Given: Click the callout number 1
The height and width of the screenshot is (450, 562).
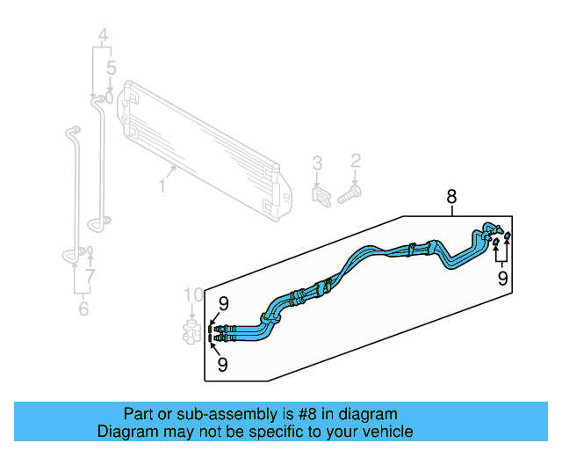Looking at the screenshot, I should pyautogui.click(x=162, y=185).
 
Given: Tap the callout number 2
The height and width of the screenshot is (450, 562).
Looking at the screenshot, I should pyautogui.click(x=356, y=160).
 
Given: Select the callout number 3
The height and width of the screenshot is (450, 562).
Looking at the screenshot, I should pyautogui.click(x=317, y=163).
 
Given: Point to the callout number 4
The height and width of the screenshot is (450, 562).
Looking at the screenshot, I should pyautogui.click(x=103, y=37).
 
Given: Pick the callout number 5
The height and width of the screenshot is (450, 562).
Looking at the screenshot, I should pyautogui.click(x=111, y=68).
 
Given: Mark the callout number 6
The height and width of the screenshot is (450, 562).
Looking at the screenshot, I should pyautogui.click(x=83, y=308).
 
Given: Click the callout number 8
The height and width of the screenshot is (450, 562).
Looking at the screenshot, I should pyautogui.click(x=451, y=195).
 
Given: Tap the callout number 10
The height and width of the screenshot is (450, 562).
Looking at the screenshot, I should pyautogui.click(x=192, y=294).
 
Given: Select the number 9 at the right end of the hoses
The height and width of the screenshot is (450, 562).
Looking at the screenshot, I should pyautogui.click(x=502, y=279).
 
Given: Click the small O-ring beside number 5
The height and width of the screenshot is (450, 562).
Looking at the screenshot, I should pyautogui.click(x=109, y=93).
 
